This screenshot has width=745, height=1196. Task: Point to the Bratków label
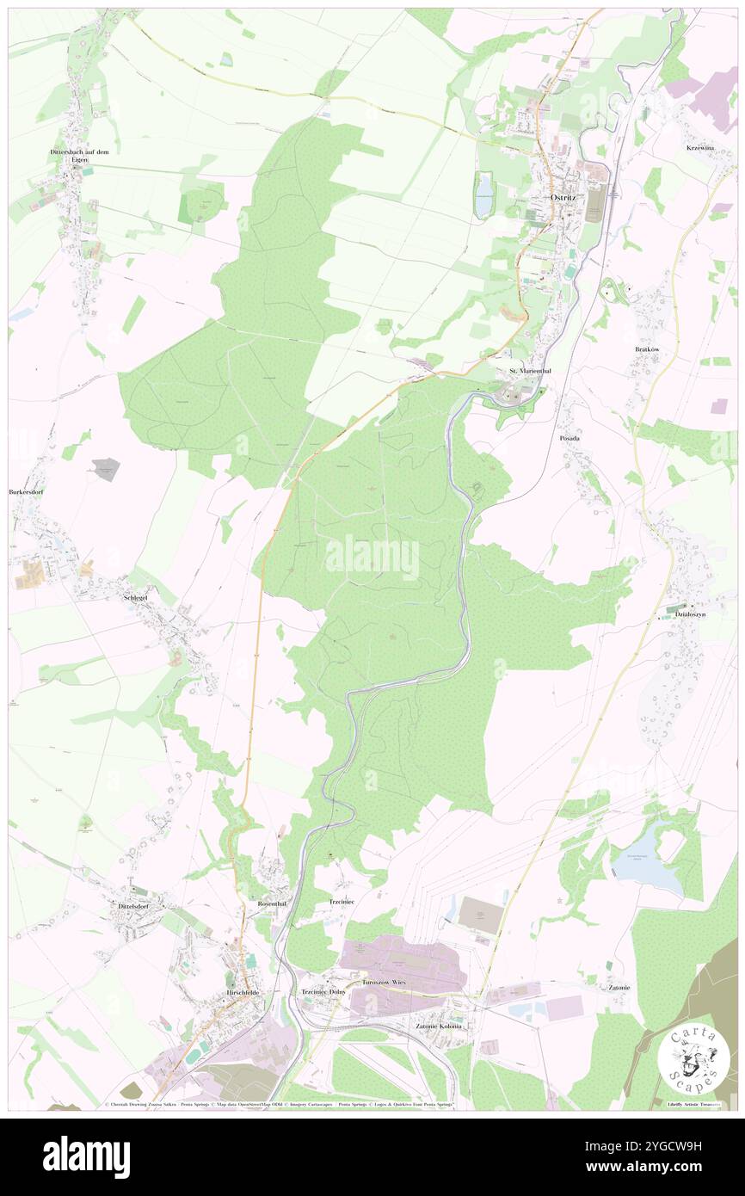[x=646, y=349]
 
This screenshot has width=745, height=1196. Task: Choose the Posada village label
[x=570, y=438]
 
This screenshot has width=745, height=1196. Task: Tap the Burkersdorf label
[x=27, y=492]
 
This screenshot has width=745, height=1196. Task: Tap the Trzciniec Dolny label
[x=323, y=992]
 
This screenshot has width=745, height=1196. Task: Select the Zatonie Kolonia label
[x=439, y=1026]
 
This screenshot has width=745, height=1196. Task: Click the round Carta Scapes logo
[x=694, y=1059]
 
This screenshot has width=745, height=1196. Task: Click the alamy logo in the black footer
[x=87, y=1156]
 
